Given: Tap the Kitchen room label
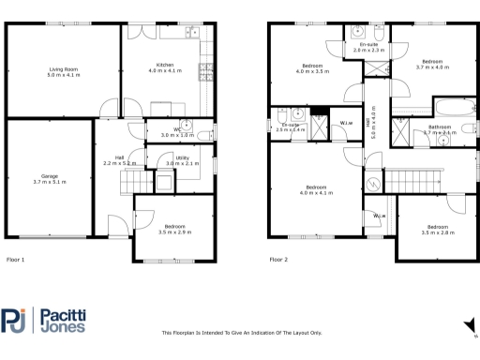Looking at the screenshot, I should (167, 67).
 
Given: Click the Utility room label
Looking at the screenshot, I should (176, 160).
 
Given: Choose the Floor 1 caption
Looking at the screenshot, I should (16, 259).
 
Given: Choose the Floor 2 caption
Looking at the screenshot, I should (279, 259).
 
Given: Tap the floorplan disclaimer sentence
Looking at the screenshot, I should (242, 333).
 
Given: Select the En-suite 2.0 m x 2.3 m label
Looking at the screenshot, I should (368, 46).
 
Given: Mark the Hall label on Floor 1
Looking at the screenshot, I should (120, 160).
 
